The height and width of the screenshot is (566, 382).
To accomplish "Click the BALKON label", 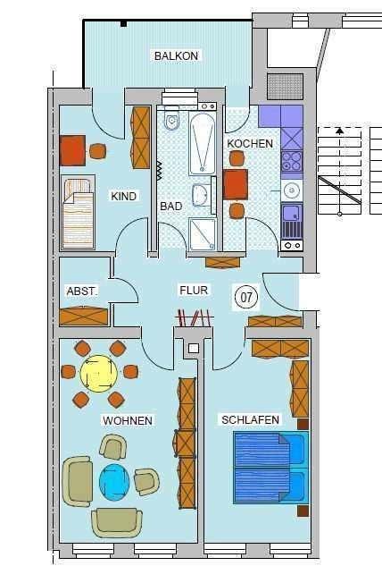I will (x=176, y=55).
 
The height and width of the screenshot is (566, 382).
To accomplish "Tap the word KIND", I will (x=124, y=196).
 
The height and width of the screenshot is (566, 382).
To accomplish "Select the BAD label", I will (x=170, y=206).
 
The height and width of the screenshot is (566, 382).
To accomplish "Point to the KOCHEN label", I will (x=244, y=143).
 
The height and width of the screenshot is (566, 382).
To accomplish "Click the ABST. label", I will (x=82, y=291).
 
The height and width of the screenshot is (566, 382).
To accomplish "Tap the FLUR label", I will (x=194, y=291).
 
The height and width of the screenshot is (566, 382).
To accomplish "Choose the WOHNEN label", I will (x=128, y=420).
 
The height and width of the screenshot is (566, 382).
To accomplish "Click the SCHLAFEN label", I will (x=251, y=418).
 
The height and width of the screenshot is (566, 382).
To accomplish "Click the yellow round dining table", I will (x=98, y=372).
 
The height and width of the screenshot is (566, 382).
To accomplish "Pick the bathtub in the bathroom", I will (x=202, y=143).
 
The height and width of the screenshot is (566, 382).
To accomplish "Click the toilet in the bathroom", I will (x=172, y=120).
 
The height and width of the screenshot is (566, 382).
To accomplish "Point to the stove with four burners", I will (x=292, y=161).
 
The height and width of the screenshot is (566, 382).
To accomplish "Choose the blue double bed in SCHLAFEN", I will (x=270, y=467).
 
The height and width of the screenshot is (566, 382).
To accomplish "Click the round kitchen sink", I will (x=291, y=190).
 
